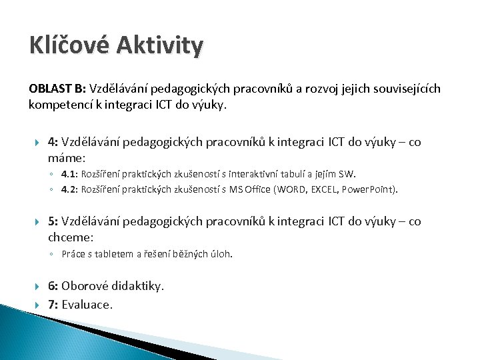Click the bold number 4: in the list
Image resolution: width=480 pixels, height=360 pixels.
pos(53,142)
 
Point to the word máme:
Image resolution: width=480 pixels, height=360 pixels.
pos(67,158)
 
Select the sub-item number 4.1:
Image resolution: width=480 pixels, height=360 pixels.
pos(69,175)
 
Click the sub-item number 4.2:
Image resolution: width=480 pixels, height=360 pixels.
pos(69,189)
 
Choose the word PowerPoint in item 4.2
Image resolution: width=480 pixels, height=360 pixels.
pos(369,189)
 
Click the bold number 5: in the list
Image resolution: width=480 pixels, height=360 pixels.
pos(53,221)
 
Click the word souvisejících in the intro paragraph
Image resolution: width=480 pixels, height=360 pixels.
pos(406,89)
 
